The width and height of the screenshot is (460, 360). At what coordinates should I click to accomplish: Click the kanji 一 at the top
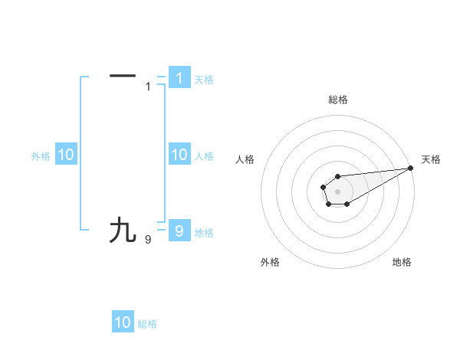(123, 76)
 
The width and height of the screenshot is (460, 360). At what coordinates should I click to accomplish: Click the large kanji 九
(123, 230)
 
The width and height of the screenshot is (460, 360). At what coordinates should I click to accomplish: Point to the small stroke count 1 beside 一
(149, 87)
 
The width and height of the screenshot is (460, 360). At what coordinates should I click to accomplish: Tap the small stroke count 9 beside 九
(148, 240)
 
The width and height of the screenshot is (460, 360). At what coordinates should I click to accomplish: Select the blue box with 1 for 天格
(179, 78)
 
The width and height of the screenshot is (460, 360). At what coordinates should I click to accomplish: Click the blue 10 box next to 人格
(179, 155)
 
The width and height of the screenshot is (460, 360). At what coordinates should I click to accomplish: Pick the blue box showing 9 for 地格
(179, 231)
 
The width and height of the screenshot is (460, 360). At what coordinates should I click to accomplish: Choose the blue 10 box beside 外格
(65, 155)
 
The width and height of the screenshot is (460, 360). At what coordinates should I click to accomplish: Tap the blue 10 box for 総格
(123, 322)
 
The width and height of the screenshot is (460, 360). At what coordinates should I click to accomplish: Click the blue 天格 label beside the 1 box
(204, 80)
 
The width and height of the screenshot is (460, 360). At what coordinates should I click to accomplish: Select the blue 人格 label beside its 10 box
(204, 156)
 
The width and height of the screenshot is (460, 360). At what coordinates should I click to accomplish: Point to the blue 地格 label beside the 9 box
(204, 233)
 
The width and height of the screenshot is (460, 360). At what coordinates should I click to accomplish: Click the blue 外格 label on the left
(41, 156)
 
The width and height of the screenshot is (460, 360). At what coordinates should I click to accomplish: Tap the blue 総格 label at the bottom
(147, 324)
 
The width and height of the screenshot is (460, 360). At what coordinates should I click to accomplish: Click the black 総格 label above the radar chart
(338, 100)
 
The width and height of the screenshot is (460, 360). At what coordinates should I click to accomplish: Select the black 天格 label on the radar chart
(432, 159)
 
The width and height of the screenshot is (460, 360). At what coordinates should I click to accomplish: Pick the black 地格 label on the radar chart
(402, 262)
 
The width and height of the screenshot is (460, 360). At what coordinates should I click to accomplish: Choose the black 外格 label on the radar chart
(270, 262)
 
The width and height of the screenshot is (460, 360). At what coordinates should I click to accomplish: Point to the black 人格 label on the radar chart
(245, 159)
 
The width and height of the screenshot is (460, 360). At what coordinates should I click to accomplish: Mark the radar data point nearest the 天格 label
(410, 168)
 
